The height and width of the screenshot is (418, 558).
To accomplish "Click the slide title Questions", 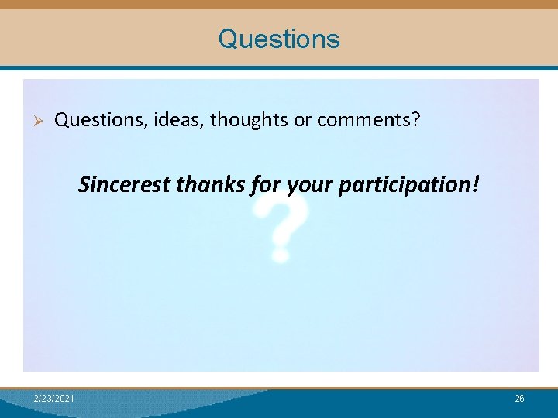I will coord(279,39).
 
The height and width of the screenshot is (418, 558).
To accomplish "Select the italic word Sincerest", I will coord(125,185).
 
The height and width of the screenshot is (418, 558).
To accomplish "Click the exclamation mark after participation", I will coord(476,184).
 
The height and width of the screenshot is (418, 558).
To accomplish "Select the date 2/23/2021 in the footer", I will coord(54,398).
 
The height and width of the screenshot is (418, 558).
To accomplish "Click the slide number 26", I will coord(519,398).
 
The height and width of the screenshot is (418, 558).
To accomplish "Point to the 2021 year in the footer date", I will coord(65,398).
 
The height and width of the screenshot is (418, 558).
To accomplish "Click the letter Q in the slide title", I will coord(228,39).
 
